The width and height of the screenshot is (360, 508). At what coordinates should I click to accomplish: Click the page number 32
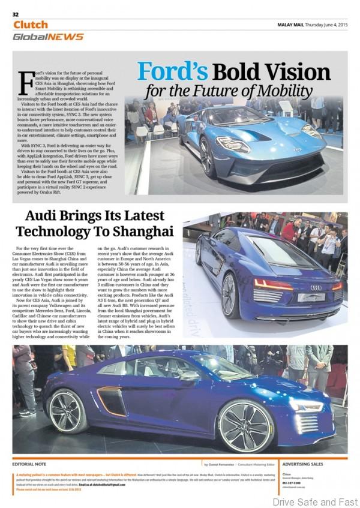[16, 14]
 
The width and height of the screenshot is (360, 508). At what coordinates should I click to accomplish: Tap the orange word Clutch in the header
[30, 25]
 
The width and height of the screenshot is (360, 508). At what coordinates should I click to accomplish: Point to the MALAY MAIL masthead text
[292, 25]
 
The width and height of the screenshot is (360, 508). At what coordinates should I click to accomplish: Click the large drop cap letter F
[25, 78]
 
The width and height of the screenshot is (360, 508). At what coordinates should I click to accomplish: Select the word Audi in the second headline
[50, 216]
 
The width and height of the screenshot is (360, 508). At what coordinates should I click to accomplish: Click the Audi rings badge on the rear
[315, 287]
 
